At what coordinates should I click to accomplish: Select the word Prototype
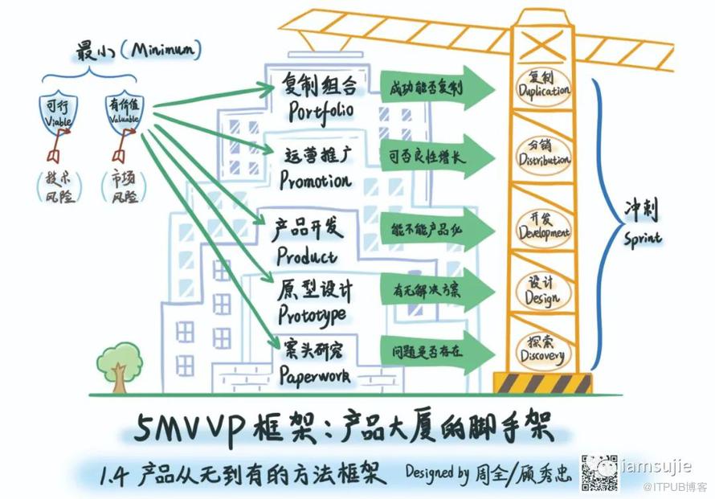pos(314,313)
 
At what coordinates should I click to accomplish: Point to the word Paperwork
pos(317,374)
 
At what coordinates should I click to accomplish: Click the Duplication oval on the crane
pos(543,85)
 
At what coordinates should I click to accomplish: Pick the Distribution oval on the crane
pos(544,153)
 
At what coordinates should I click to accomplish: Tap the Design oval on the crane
pos(542,291)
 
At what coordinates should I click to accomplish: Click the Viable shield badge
pos(57,112)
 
